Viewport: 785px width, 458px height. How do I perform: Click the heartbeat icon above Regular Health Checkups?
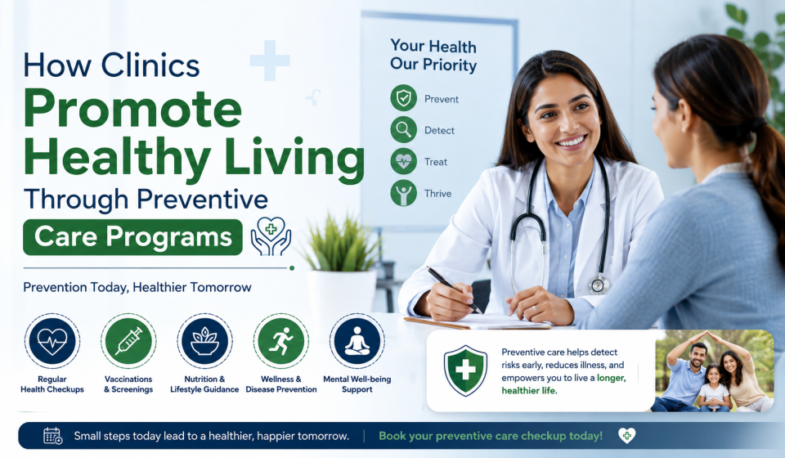[52, 341]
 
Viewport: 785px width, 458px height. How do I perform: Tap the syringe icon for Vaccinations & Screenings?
[128, 341]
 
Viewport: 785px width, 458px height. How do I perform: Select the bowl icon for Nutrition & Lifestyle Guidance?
[204, 341]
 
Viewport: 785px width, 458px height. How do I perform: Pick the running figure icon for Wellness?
[280, 341]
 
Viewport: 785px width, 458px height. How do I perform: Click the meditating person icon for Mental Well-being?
[357, 341]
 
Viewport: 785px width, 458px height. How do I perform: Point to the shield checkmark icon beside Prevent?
[403, 97]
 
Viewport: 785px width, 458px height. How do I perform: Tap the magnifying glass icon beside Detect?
[403, 130]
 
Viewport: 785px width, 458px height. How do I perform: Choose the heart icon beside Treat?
[403, 161]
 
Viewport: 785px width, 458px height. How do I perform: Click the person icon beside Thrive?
[403, 193]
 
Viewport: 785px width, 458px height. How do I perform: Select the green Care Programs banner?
[132, 236]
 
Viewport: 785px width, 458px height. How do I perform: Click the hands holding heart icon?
[271, 236]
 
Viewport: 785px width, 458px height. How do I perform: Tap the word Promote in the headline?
[132, 109]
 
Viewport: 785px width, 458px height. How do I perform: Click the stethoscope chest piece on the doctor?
[599, 285]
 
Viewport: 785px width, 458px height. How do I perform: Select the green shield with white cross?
[465, 370]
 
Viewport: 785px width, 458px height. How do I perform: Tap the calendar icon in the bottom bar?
[52, 436]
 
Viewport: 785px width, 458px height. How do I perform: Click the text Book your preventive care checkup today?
[491, 436]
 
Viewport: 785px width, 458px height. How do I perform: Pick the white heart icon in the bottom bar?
[626, 435]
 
